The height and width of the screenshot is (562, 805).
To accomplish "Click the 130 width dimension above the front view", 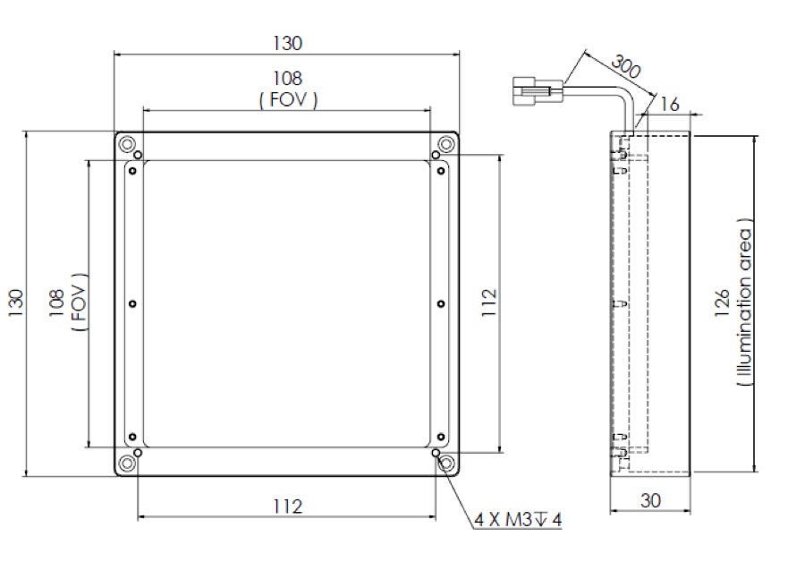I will pyautogui.click(x=287, y=42).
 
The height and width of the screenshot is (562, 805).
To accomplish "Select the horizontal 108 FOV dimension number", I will pyautogui.click(x=287, y=81).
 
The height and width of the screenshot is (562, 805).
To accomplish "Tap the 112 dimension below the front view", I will pyautogui.click(x=287, y=507).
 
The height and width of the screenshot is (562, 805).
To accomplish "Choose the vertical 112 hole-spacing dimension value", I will pyautogui.click(x=487, y=304).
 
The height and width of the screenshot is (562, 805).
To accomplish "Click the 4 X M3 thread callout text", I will pyautogui.click(x=518, y=520).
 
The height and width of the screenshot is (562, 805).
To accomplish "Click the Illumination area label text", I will pyautogui.click(x=746, y=304).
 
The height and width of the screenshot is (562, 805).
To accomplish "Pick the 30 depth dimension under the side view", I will pyautogui.click(x=651, y=501).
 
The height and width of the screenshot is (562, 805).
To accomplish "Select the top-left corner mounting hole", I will pyautogui.click(x=128, y=144).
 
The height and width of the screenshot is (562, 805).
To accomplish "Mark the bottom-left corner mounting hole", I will pyautogui.click(x=128, y=463).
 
